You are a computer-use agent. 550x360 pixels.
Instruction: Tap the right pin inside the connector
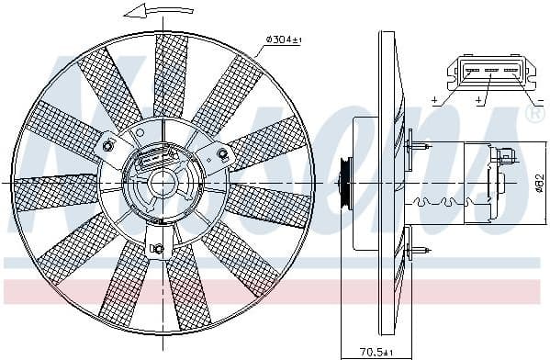pos(507,69)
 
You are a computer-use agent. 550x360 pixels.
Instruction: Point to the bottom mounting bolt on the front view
pos(157,248)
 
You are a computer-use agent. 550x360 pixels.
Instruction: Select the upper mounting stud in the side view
pos(421,143)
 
